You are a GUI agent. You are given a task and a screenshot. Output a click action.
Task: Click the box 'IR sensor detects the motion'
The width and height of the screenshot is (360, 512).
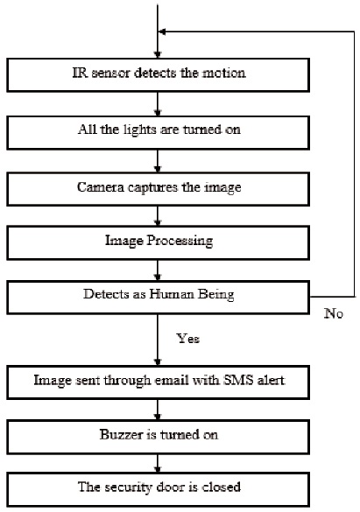point(159,74)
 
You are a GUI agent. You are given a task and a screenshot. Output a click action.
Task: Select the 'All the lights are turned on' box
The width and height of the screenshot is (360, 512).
point(159,132)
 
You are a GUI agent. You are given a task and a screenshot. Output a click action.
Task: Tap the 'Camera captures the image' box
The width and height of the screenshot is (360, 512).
point(159,189)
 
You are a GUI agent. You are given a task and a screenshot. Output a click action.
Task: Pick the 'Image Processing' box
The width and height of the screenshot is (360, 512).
point(159,243)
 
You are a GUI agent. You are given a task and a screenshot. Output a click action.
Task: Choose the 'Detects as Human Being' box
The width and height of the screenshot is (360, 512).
point(159,298)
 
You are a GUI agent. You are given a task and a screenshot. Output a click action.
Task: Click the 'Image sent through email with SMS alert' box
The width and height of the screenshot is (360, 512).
point(159,382)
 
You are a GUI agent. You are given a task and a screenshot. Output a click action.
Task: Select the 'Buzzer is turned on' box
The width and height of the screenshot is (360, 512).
point(159,437)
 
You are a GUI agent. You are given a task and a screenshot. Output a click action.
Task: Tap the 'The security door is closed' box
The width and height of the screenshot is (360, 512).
point(159,489)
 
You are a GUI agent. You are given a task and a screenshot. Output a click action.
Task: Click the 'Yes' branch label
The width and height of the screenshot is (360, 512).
point(187,339)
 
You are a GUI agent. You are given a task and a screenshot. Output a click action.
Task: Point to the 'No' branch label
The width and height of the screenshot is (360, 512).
point(334,313)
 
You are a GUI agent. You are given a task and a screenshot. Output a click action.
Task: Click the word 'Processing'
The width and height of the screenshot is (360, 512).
point(180,242)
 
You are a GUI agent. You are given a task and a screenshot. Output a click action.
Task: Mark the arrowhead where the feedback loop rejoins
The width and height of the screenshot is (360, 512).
point(162,32)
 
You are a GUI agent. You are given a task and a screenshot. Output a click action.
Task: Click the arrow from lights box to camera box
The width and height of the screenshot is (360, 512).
point(158,161)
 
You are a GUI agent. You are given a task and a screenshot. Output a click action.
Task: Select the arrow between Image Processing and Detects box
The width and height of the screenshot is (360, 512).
point(158,270)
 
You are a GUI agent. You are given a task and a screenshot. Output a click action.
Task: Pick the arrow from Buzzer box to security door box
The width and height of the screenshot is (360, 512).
point(158,463)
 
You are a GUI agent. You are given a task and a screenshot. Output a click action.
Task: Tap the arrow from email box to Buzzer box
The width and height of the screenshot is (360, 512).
point(158,410)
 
